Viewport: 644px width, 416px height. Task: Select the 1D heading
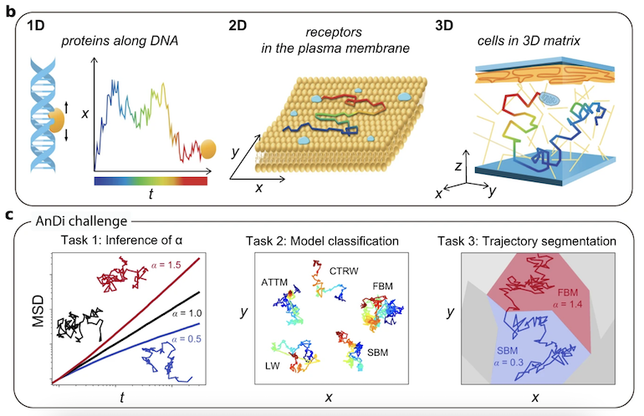click(x=36, y=25)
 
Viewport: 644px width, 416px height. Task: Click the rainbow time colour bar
click(x=156, y=180)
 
